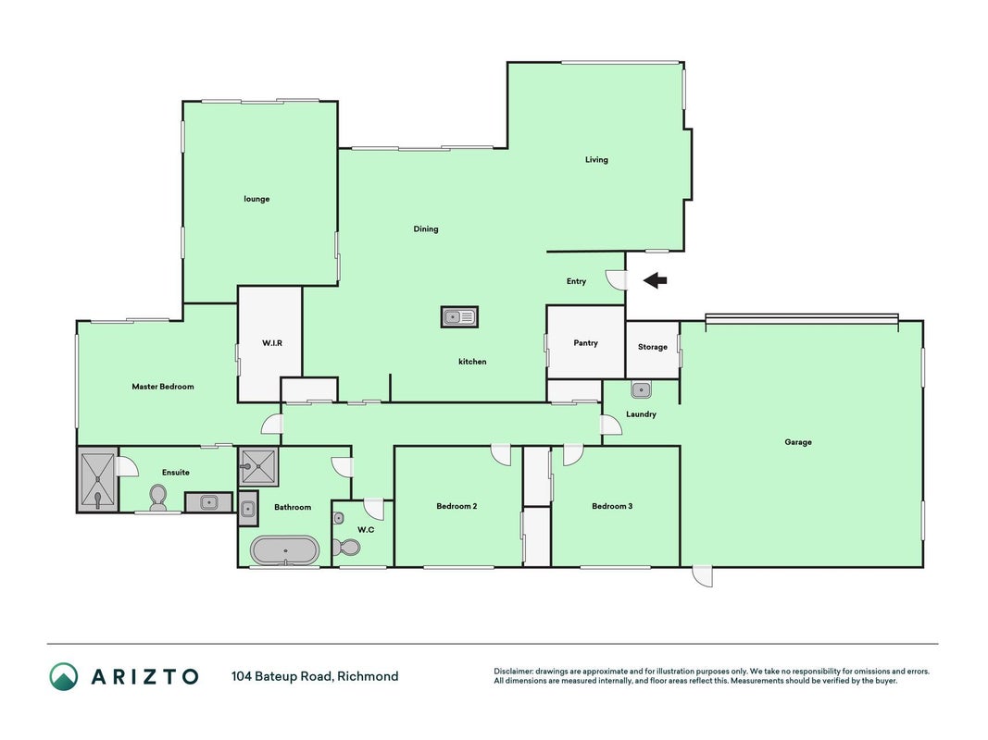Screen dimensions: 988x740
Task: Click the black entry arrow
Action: [x=656, y=280]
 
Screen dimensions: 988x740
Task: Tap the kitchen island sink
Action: [x=459, y=316]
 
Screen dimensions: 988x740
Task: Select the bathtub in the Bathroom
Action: [x=285, y=550]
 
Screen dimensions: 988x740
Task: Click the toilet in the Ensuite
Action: [x=157, y=499]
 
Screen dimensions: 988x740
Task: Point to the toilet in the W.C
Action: [x=346, y=547]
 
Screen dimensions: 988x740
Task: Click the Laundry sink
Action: [x=641, y=390]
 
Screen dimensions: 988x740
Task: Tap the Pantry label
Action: [x=585, y=343]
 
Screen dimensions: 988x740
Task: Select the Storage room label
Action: [x=652, y=347]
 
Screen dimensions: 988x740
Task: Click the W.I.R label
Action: [x=272, y=343]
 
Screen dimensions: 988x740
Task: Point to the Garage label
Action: [x=797, y=442]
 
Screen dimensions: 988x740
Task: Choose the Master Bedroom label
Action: [x=163, y=387]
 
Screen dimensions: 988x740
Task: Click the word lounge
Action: [x=256, y=199]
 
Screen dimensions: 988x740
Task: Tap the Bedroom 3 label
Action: [x=612, y=506]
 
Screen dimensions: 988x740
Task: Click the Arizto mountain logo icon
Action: [x=64, y=676]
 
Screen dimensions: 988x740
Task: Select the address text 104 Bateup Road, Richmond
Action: [x=315, y=676]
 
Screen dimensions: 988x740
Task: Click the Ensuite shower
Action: [x=97, y=479]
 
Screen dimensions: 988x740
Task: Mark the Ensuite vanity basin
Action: [x=208, y=503]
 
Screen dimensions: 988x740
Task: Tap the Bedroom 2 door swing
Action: [x=502, y=456]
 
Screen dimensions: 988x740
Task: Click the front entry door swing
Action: [x=617, y=279]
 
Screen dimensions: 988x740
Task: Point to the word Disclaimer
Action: [x=514, y=672]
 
